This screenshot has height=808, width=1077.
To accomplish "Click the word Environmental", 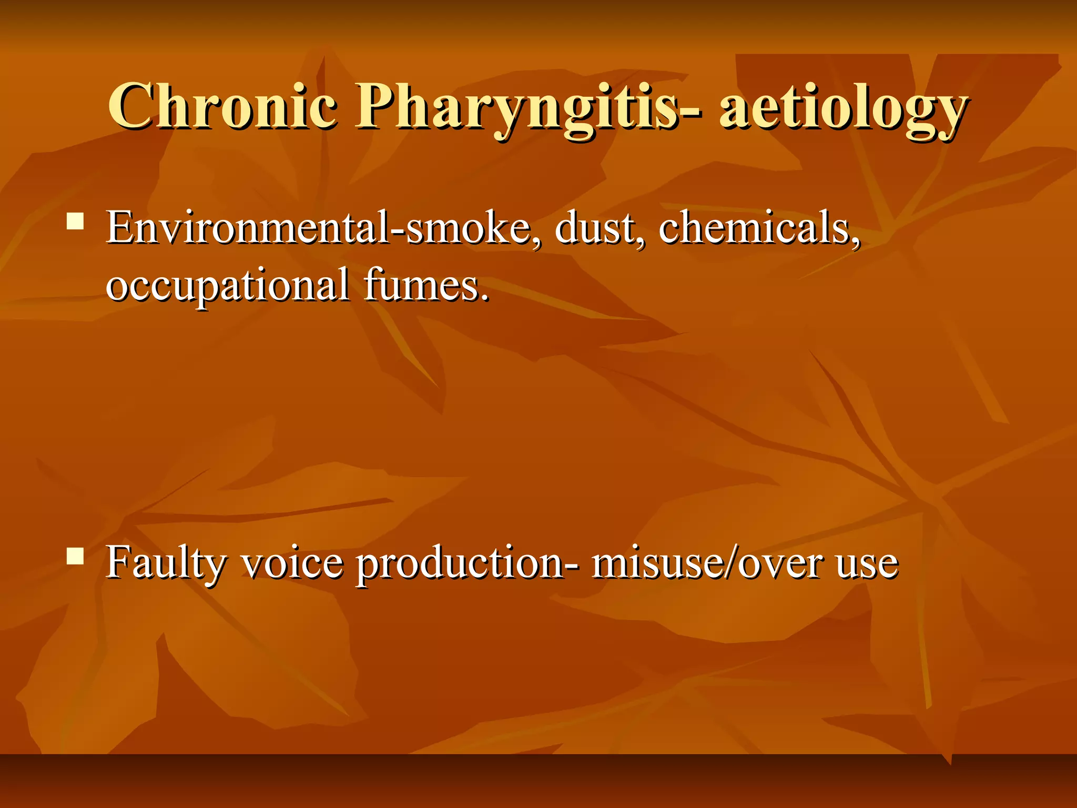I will [x=247, y=228].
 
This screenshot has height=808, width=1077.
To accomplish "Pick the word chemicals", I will [x=758, y=228].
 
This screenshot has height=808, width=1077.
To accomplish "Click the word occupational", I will [x=227, y=286].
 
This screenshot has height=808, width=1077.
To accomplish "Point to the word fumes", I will [x=421, y=286].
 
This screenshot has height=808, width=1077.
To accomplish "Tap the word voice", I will [x=292, y=563].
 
